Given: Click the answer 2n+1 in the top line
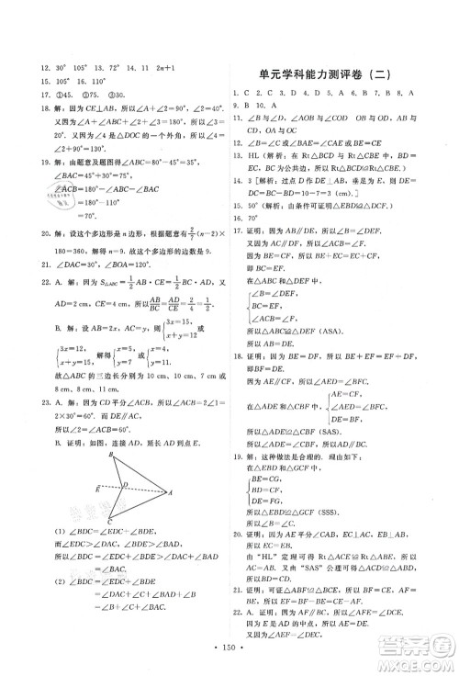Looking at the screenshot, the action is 173,95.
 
